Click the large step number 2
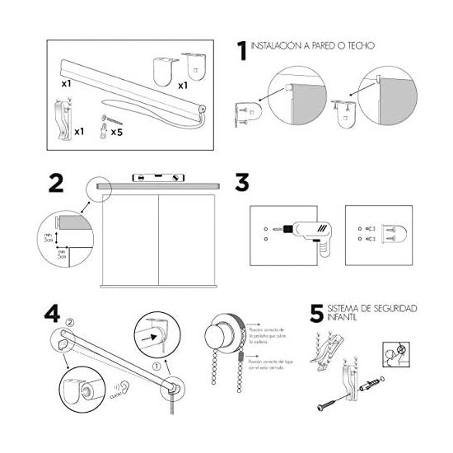click(56, 183)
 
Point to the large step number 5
click(318, 315)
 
